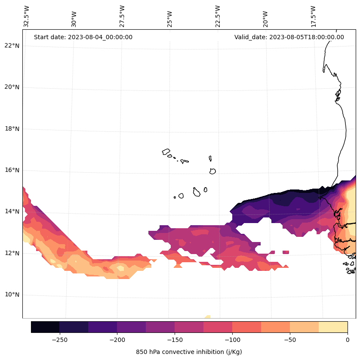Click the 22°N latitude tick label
point(12,46)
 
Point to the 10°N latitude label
point(12,295)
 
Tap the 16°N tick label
point(12,170)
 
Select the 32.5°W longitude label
point(27,16)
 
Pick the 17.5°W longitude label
point(313,16)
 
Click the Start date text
point(83,37)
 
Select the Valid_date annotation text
point(289,37)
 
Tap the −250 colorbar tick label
point(59,340)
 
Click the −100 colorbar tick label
point(232,340)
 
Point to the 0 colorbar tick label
point(348,340)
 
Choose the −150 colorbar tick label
point(175,340)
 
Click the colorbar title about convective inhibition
point(189,352)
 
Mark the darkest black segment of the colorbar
point(45,327)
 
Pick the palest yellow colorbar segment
point(333,327)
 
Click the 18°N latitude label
point(12,129)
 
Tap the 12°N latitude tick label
point(12,253)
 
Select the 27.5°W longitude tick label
point(122,16)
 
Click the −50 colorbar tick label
point(290,340)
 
